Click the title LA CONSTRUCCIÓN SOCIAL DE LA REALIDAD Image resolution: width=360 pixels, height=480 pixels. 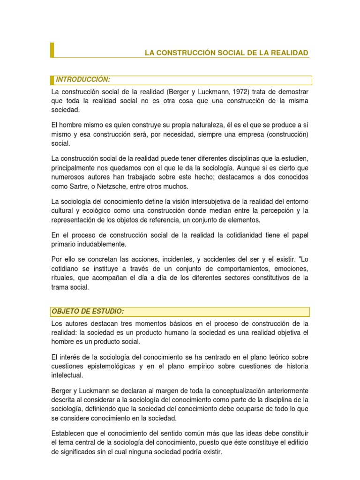coord(226,53)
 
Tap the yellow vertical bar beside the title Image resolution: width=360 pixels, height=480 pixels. coord(52,50)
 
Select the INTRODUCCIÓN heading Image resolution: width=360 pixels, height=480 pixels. coord(83,80)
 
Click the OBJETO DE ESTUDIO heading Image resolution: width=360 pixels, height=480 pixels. coord(88,312)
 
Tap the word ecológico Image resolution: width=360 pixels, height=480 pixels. coord(103,210)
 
